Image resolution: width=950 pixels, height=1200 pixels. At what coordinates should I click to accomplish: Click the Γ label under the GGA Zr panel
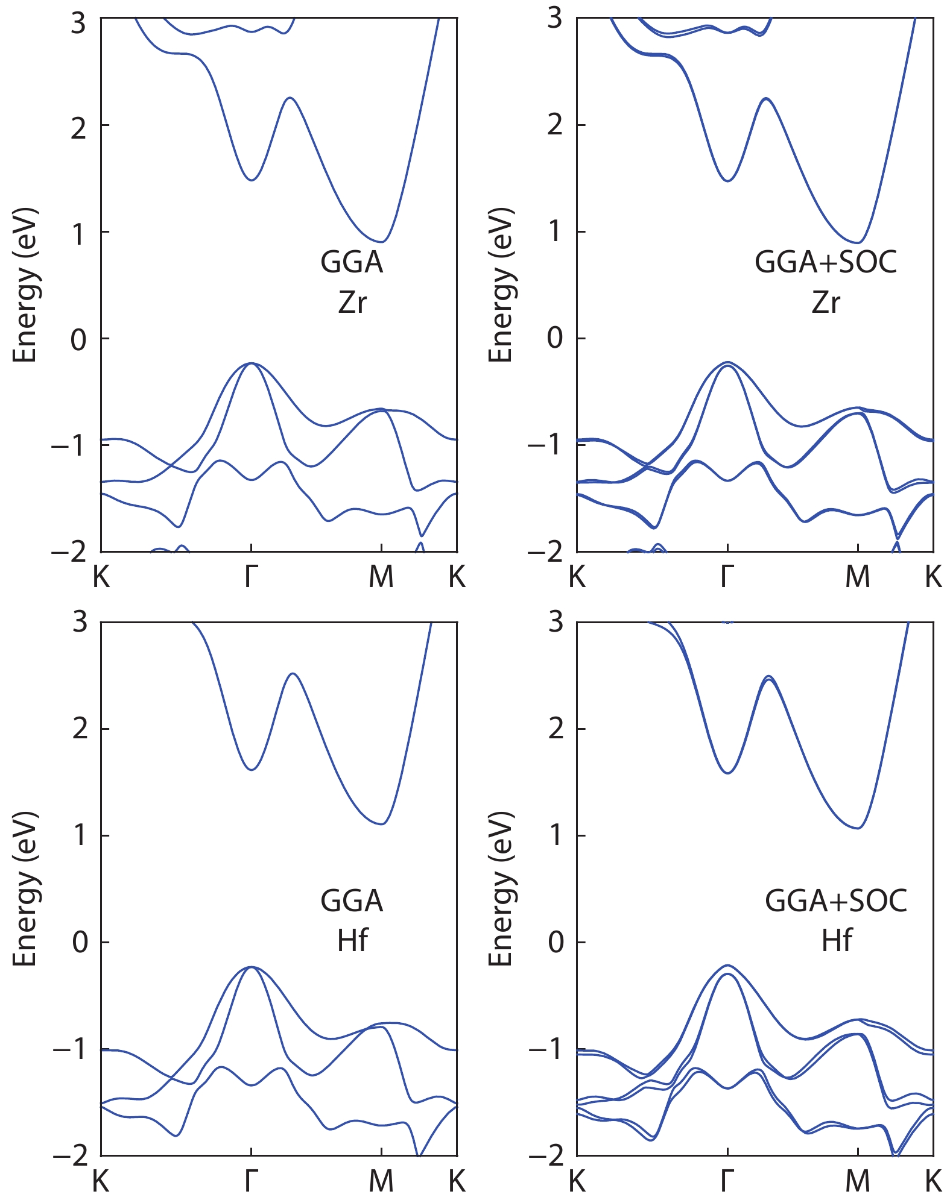[251, 577]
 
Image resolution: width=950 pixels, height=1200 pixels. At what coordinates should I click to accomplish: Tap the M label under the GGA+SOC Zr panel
[857, 577]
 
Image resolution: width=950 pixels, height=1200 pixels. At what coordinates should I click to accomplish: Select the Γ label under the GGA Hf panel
[251, 1181]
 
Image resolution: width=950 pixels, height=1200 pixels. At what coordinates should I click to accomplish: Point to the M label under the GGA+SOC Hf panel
[857, 1181]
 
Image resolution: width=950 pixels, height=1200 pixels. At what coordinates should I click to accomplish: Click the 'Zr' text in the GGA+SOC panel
[825, 302]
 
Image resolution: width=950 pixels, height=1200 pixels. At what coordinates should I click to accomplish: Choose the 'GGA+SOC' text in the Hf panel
[836, 900]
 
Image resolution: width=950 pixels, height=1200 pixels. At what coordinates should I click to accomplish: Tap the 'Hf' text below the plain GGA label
[352, 940]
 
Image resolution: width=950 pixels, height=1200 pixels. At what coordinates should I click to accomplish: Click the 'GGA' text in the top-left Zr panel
[352, 262]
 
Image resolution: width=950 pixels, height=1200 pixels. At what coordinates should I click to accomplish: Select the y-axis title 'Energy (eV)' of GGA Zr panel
[25, 284]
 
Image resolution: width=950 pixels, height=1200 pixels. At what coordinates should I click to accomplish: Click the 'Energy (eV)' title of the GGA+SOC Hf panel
[501, 889]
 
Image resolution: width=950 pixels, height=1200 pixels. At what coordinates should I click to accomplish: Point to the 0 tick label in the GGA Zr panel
[78, 339]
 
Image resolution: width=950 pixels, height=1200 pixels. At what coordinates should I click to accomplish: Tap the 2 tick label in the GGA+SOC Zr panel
[555, 125]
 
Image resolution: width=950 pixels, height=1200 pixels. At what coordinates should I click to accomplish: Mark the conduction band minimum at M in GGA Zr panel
[382, 242]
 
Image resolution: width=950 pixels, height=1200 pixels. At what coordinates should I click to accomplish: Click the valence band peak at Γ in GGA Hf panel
[251, 967]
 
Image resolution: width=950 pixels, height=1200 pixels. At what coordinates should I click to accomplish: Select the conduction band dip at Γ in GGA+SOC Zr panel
[728, 181]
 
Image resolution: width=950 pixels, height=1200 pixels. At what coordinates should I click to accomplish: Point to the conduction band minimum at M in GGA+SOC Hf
[858, 828]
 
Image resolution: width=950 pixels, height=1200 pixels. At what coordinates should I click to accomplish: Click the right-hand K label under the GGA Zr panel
[457, 577]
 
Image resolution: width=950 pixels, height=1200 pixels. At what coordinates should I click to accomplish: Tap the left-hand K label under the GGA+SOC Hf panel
[577, 1181]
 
